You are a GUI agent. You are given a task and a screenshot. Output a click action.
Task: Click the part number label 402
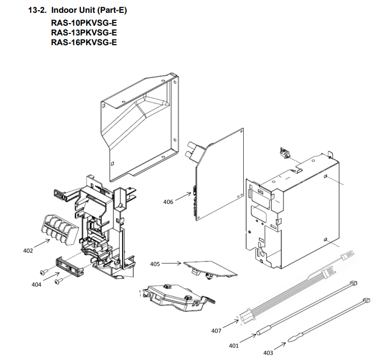28,251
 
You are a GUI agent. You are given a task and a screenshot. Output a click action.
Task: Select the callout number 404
36,283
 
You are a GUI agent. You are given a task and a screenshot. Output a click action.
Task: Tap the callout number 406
168,202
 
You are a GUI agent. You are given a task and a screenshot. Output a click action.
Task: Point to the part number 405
155,264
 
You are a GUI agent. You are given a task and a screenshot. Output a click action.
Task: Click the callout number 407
217,331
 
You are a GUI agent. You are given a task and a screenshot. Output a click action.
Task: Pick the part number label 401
234,346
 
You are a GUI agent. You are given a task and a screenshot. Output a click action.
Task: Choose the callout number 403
268,352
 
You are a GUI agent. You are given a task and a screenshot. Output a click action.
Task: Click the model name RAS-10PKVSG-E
84,24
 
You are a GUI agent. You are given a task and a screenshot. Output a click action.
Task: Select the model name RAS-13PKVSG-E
84,33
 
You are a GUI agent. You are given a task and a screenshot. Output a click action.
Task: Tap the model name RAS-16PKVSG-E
84,42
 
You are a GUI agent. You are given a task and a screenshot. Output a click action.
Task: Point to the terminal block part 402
56,229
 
